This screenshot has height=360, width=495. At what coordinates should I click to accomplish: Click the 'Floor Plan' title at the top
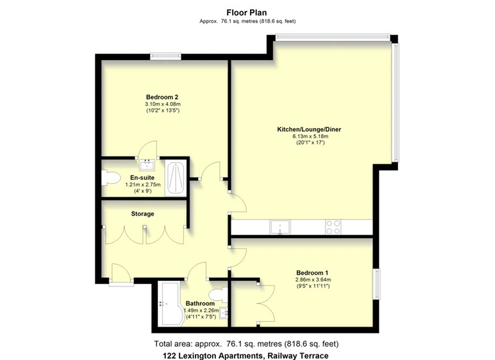tap(246, 12)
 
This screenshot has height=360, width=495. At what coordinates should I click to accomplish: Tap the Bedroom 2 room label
tap(162, 97)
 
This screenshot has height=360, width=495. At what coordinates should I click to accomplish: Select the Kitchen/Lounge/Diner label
tap(309, 129)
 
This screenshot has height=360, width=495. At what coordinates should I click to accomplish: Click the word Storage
tap(143, 213)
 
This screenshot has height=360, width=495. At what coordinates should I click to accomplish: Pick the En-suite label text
tap(142, 178)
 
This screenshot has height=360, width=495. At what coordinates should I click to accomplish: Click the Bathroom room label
tap(200, 304)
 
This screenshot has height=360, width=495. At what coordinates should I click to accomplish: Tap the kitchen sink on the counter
tap(280, 227)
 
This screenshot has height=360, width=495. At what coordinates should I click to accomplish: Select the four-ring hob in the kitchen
tap(334, 227)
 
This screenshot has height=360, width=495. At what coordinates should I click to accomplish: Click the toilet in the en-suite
tap(110, 178)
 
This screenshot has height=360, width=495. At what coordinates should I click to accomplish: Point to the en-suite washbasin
tap(147, 165)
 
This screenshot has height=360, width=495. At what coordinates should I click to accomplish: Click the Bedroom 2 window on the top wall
tap(166, 57)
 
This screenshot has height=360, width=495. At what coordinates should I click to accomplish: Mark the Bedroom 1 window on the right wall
tap(376, 284)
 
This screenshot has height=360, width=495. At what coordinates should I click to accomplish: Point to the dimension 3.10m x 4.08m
tap(163, 104)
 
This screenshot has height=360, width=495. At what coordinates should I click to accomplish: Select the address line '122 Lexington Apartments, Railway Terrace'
tap(246, 356)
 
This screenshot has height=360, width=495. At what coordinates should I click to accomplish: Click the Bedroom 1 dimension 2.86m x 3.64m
tap(313, 280)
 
